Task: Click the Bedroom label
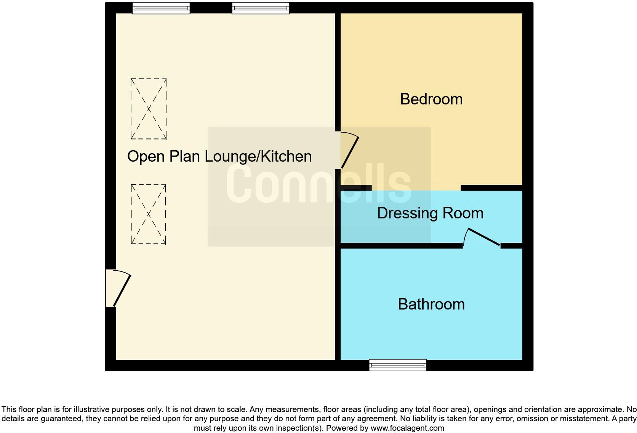tap(431, 99)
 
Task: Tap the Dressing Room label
tap(430, 213)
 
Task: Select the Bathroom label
tap(431, 304)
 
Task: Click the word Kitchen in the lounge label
tap(286, 156)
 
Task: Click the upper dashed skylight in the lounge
tap(149, 109)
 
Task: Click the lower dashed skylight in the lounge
tap(149, 214)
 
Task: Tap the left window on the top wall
tap(161, 8)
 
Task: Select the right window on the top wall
tap(261, 8)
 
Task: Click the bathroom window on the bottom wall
tap(397, 365)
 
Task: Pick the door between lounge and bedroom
tap(349, 151)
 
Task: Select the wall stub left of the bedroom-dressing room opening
tap(356, 188)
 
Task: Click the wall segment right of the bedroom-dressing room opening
tap(491, 188)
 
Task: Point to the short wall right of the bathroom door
tap(511, 246)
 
